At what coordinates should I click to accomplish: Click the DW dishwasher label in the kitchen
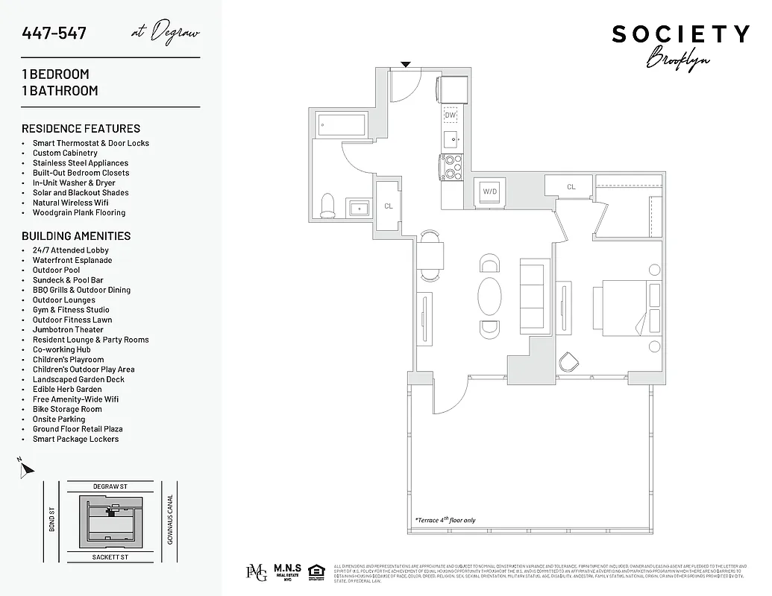coord(451,115)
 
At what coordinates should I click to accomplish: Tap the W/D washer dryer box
coord(489,191)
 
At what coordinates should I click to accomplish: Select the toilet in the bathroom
coord(328,205)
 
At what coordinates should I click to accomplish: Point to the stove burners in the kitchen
coord(452,167)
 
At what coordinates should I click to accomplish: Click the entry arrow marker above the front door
coord(406,65)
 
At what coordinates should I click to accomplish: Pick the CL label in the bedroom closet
coord(571,187)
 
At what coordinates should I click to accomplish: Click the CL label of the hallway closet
coord(389,206)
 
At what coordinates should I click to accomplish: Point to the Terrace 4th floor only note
coord(445,520)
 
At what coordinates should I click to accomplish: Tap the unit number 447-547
coord(54,34)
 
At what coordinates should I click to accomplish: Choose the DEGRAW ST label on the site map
coord(110,486)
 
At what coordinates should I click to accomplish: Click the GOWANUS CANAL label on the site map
coord(170,519)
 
